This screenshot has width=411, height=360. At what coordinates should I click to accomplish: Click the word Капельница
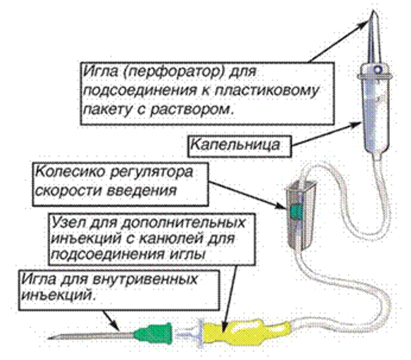pos(235,145)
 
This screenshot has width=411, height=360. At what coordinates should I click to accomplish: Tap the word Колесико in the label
pos(70,172)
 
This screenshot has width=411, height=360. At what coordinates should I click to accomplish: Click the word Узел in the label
pos(68,222)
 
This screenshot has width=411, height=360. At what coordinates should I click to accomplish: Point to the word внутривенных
pos(145,279)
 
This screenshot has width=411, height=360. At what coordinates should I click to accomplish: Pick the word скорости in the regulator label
pos(68,191)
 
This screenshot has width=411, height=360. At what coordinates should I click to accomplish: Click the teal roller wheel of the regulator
pos(296,211)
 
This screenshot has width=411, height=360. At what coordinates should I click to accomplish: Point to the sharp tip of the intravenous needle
pos(48,338)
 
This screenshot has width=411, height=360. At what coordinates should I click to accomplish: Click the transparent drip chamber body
pos(376,115)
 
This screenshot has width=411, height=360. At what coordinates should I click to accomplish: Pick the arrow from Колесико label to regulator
pos(248,196)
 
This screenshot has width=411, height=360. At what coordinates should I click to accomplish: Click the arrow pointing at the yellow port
pos(230,298)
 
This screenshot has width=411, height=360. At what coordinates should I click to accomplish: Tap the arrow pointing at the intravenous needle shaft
pos(111,321)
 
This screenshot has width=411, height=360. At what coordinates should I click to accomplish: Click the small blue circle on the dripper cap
pos(378,70)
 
